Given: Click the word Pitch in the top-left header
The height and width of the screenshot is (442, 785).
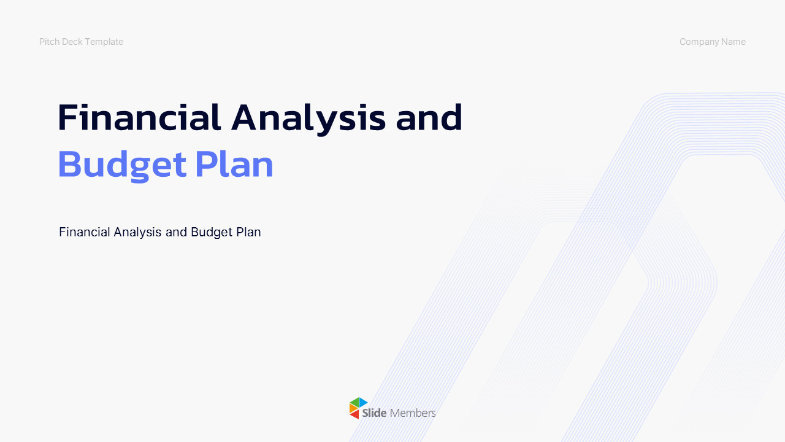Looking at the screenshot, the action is pyautogui.click(x=50, y=42).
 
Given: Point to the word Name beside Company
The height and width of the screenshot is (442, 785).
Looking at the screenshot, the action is pyautogui.click(x=733, y=42).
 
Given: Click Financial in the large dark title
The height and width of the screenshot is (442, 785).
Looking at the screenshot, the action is pyautogui.click(x=139, y=117).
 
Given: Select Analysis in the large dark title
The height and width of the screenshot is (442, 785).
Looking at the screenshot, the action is pyautogui.click(x=308, y=119).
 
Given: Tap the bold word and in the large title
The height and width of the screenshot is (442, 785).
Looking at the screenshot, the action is pyautogui.click(x=429, y=117).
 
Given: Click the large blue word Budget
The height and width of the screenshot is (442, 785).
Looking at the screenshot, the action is pyautogui.click(x=122, y=166).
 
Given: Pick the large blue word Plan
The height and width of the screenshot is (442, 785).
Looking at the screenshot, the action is pyautogui.click(x=234, y=164).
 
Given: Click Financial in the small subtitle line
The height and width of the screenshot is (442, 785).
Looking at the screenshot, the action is pyautogui.click(x=85, y=232).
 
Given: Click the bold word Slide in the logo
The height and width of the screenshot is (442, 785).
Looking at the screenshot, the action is pyautogui.click(x=374, y=413).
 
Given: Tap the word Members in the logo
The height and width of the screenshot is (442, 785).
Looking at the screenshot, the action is pyautogui.click(x=413, y=413).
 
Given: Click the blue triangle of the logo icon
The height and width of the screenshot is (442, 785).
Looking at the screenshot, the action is pyautogui.click(x=362, y=402).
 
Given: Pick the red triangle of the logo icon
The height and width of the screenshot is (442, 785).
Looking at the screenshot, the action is pyautogui.click(x=355, y=414).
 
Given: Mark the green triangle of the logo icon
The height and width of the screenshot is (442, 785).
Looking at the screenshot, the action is pyautogui.click(x=355, y=403).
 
